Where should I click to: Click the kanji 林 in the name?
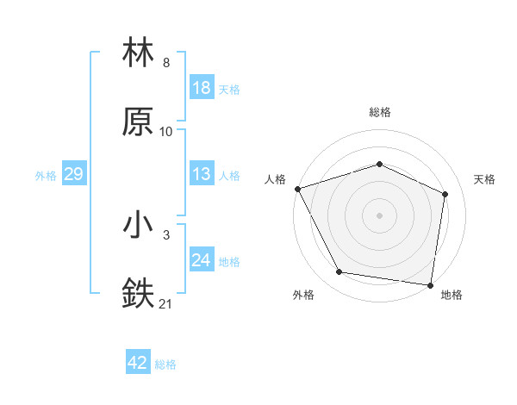[x=139, y=53]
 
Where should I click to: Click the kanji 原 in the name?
[x=139, y=122]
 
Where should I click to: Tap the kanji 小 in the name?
[x=139, y=226]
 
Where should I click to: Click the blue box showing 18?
[x=202, y=88]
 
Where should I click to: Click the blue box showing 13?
[x=202, y=175]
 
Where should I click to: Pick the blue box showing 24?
[x=202, y=260]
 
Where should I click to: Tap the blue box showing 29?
[x=73, y=175]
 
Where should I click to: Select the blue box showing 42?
[x=138, y=364]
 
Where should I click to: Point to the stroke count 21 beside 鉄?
[x=165, y=303]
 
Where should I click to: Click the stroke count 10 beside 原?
[x=165, y=131]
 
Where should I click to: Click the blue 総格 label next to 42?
[x=165, y=364]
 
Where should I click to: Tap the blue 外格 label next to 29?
[x=46, y=176]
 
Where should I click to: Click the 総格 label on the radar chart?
[x=380, y=112]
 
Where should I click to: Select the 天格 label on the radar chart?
[x=485, y=179]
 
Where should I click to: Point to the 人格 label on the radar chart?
[x=275, y=179]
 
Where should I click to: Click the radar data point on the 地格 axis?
[x=431, y=284]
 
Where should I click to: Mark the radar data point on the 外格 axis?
[x=339, y=272]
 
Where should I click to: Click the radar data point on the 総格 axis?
[x=380, y=164]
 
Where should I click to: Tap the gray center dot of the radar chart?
[x=380, y=215]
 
